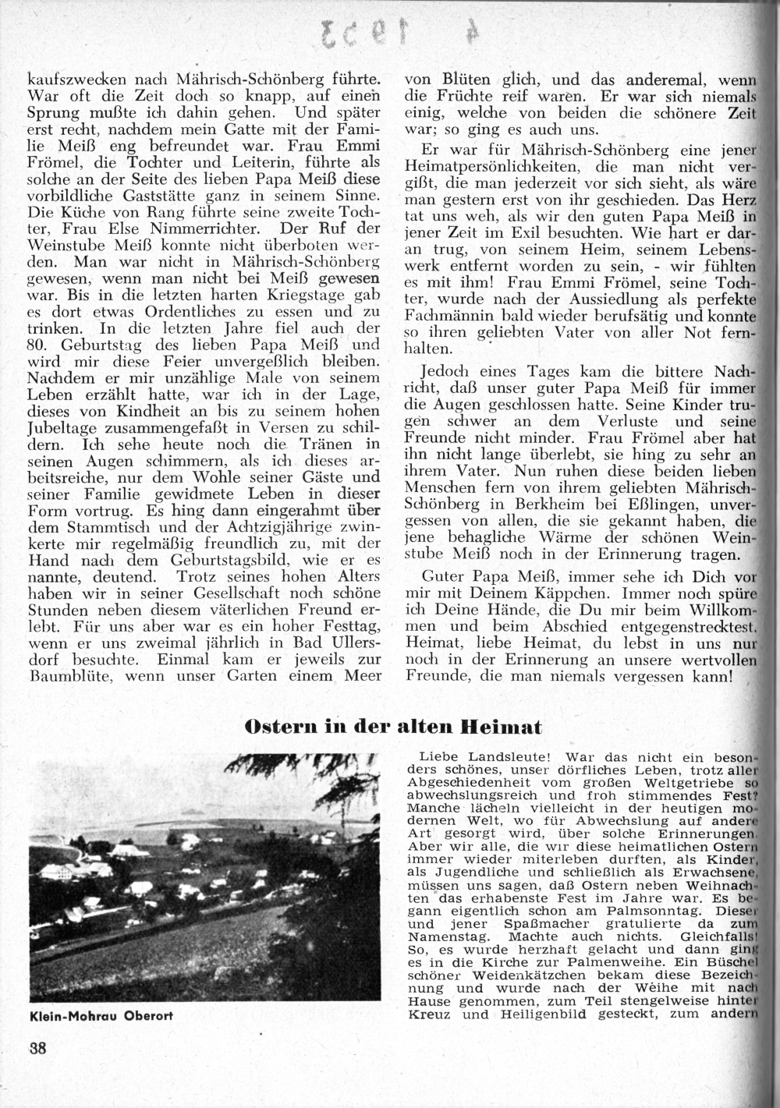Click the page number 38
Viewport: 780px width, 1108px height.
pos(37,1047)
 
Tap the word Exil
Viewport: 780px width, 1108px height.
pos(537,232)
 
